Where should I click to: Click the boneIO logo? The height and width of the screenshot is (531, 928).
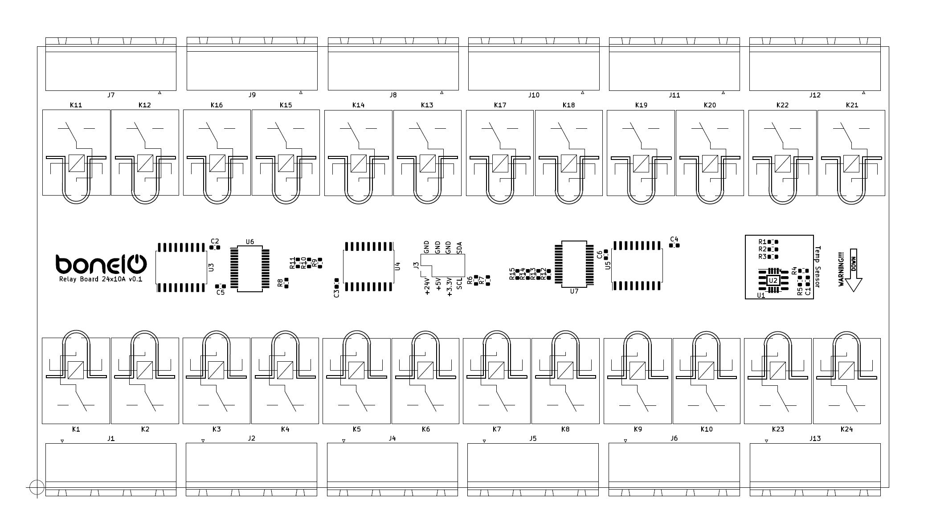tap(101, 264)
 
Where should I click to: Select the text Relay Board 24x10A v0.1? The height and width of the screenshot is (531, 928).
tap(101, 279)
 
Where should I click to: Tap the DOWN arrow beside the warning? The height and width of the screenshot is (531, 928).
tap(854, 270)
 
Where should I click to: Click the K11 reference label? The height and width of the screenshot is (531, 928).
tap(76, 105)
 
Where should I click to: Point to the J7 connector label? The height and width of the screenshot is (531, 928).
tap(111, 95)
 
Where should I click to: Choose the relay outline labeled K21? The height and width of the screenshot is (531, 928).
tap(851, 152)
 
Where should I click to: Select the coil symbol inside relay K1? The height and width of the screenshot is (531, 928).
tap(76, 370)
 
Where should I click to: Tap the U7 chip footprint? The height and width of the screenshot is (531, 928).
tap(574, 264)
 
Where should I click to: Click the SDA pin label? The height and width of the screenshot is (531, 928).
tap(460, 248)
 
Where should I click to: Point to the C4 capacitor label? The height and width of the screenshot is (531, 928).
tap(674, 239)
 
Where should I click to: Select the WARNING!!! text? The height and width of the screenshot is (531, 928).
tap(841, 270)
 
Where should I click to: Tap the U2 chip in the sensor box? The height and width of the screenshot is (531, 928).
tap(773, 281)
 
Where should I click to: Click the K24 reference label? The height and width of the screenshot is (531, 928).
tap(846, 429)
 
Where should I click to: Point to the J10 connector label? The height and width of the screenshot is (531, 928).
tap(533, 95)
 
